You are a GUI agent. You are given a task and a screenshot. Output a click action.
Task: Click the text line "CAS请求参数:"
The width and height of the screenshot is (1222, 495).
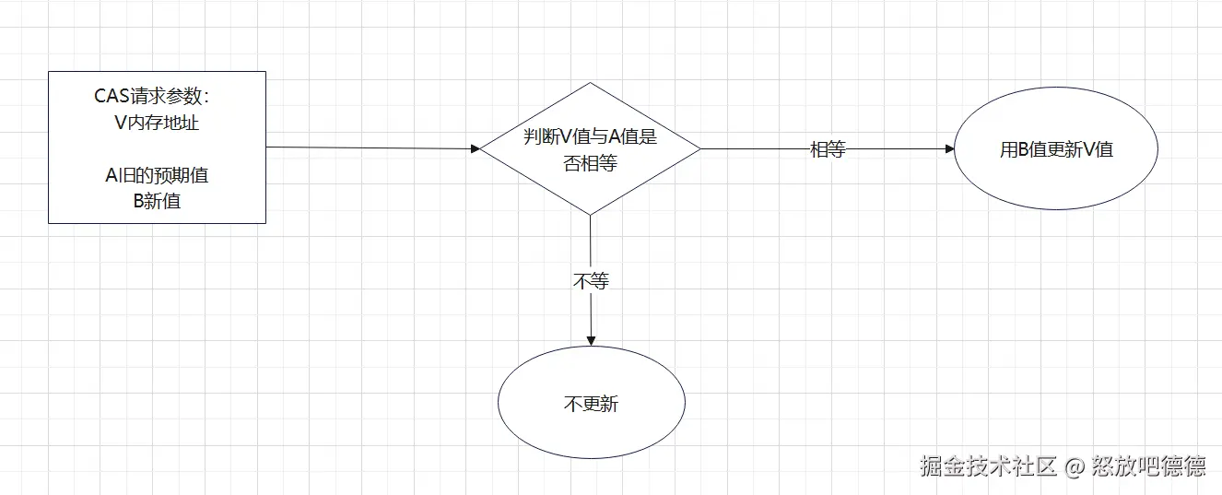tap(157, 97)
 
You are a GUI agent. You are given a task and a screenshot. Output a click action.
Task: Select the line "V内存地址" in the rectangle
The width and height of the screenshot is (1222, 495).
tap(157, 123)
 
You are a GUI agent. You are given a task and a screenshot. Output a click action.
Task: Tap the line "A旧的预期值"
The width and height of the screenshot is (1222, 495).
tap(157, 175)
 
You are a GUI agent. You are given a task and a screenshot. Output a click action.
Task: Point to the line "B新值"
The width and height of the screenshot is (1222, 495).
tap(157, 201)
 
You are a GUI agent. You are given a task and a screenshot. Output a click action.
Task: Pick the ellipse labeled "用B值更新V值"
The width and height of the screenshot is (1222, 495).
tap(1056, 149)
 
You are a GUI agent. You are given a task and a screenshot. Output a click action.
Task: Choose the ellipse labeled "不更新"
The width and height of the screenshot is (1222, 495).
tap(591, 404)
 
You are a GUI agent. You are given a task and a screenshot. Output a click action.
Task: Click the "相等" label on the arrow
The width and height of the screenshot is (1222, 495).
tap(827, 149)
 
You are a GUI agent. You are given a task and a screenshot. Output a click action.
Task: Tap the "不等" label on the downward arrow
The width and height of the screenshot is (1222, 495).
tap(591, 281)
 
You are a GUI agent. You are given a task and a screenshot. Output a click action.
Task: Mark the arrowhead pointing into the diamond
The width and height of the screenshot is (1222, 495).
tap(476, 148)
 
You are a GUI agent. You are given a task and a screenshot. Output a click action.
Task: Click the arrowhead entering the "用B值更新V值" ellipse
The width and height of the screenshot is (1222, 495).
tap(950, 148)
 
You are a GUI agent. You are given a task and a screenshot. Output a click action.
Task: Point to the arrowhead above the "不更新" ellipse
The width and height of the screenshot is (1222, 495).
tap(591, 341)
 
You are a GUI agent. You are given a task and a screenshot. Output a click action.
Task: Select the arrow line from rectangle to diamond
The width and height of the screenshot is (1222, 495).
tap(369, 147)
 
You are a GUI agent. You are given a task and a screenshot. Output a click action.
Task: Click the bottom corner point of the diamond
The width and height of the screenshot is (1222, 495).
tap(590, 215)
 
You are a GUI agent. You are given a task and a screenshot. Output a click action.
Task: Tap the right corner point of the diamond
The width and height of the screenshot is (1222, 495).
tap(700, 148)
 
